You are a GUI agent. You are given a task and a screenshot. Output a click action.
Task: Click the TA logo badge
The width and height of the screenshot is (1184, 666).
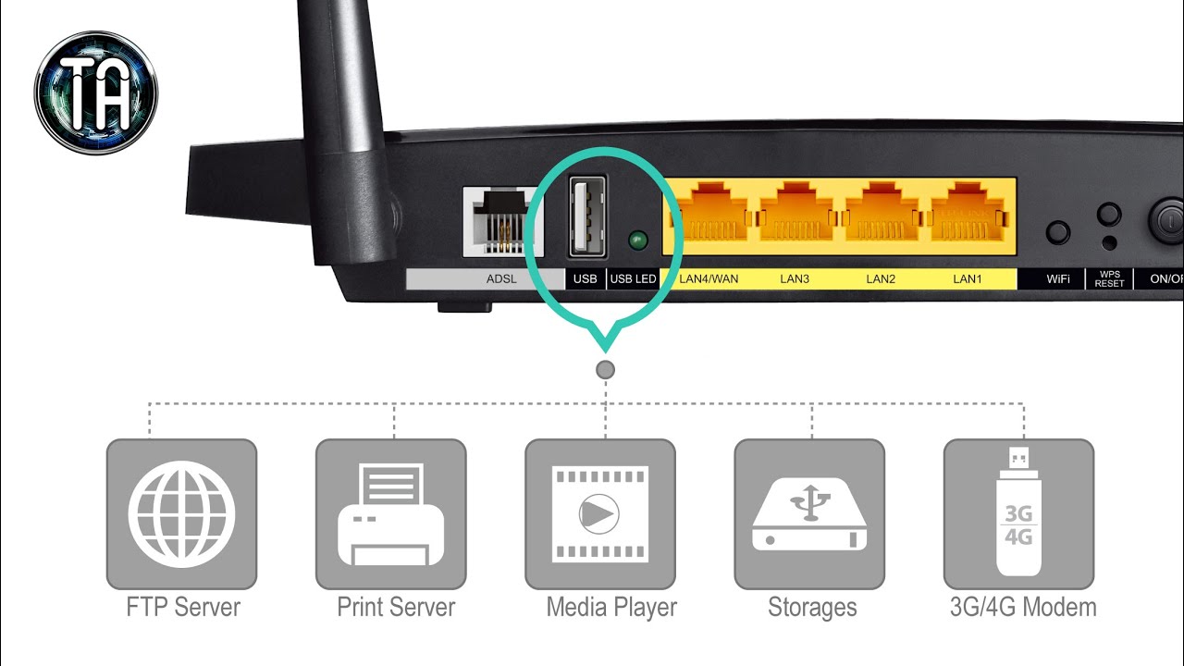pyautogui.click(x=96, y=92)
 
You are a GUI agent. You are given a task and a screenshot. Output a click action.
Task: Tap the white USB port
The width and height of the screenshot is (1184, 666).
pyautogui.click(x=587, y=217)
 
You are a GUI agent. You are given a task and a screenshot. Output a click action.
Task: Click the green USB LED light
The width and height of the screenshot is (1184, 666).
pyautogui.click(x=638, y=240)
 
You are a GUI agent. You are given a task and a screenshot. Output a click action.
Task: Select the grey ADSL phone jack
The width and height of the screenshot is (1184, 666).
pyautogui.click(x=502, y=222)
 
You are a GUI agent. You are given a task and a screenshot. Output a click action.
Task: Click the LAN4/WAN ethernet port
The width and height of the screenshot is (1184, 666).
pyautogui.click(x=711, y=216)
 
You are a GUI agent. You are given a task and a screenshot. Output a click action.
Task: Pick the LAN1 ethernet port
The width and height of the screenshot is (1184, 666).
pyautogui.click(x=968, y=216)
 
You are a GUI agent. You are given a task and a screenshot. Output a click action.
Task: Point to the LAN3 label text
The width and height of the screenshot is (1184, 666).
pyautogui.click(x=795, y=278)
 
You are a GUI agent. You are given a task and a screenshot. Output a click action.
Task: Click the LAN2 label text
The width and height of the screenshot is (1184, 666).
pyautogui.click(x=881, y=278)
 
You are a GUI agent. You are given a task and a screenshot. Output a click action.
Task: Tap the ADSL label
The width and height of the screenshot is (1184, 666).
pyautogui.click(x=501, y=278)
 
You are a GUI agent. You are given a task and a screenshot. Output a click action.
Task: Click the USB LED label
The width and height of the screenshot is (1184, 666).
pyautogui.click(x=633, y=278)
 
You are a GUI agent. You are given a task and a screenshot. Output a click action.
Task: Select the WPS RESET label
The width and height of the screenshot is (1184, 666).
pyautogui.click(x=1109, y=278)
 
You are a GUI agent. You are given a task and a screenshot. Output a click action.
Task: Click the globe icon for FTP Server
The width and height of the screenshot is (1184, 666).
pyautogui.click(x=182, y=513)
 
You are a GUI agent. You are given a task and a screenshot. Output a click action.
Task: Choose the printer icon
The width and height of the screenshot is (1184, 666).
pyautogui.click(x=390, y=513)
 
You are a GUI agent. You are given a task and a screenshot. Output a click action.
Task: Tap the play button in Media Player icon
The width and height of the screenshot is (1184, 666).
pyautogui.click(x=598, y=513)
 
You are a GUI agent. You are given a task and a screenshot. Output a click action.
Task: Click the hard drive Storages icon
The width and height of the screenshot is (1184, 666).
pyautogui.click(x=809, y=514)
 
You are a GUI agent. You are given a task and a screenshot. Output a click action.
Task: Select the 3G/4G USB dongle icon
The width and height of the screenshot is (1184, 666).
pyautogui.click(x=1018, y=512)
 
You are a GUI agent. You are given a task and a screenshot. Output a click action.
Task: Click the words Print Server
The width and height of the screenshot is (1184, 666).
pyautogui.click(x=396, y=607)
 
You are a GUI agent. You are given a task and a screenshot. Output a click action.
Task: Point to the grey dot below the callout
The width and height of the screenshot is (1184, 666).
pyautogui.click(x=605, y=369)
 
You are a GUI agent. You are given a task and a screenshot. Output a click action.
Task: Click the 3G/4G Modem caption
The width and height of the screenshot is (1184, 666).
pyautogui.click(x=1023, y=607)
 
